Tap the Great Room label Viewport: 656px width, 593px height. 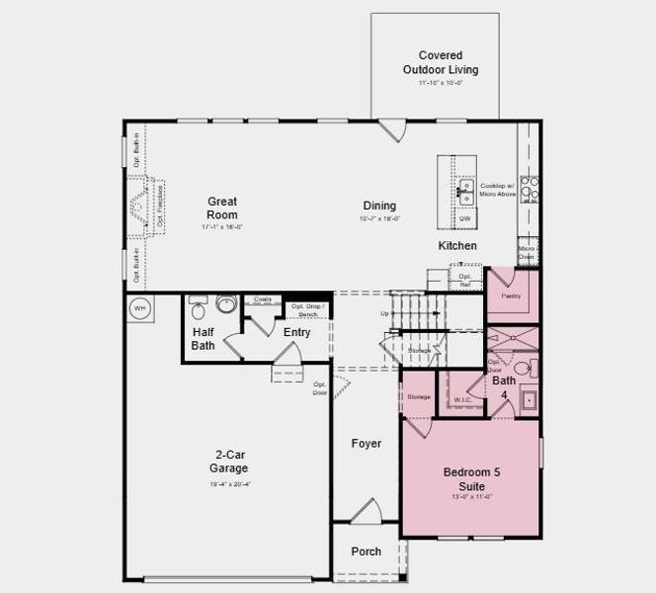pos(221,208)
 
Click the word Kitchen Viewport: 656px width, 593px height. pos(457,245)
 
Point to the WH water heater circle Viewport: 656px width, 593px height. pos(139,305)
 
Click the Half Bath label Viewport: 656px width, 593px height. pos(203,339)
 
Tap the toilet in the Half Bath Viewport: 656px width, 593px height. pos(198,305)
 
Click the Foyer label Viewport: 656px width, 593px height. pos(367,444)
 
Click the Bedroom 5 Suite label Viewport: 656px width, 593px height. pos(470,478)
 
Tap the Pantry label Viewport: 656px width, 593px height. pos(510,295)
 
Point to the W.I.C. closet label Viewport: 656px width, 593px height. pos(461,400)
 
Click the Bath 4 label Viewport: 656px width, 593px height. pos(504,386)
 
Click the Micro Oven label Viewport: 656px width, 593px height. pos(528,253)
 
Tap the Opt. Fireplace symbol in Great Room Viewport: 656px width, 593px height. pos(141,209)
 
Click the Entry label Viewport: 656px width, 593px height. pos(296,332)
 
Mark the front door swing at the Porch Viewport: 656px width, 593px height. pos(367,511)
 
